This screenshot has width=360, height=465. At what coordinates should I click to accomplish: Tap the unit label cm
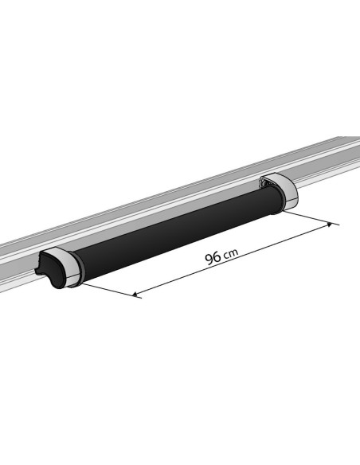(230, 253)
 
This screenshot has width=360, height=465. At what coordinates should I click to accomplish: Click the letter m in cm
(233, 252)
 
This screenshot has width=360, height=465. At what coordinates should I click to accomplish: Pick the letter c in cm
(226, 255)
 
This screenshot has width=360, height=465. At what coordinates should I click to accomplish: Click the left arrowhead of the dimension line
(136, 295)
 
